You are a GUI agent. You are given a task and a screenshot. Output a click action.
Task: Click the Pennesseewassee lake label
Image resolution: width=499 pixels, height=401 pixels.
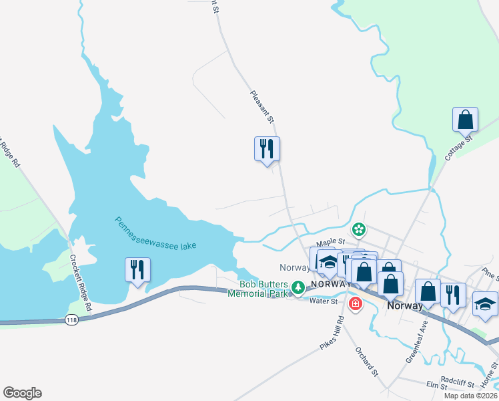click(x=155, y=233)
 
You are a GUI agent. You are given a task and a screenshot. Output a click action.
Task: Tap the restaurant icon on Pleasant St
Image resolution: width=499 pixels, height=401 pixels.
click(x=267, y=148)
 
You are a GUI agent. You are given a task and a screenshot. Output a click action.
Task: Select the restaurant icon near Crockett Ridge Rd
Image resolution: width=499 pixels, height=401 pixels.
click(x=137, y=270)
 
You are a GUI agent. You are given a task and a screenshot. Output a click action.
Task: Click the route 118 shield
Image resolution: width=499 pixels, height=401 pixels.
click(x=72, y=321)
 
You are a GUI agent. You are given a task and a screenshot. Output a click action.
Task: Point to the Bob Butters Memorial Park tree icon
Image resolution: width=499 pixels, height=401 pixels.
click(x=299, y=287)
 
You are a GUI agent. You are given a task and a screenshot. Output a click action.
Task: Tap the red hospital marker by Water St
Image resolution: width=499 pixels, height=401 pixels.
click(x=356, y=304)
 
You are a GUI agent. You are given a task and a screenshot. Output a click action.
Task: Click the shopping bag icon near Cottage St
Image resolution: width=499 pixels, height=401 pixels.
click(x=465, y=120)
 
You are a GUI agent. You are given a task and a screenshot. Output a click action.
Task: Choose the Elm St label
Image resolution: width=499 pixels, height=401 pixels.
click(x=437, y=386)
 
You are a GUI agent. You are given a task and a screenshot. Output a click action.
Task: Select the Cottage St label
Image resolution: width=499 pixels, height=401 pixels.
click(x=458, y=148)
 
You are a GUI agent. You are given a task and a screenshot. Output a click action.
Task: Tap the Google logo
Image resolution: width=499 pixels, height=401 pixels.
click(x=22, y=393)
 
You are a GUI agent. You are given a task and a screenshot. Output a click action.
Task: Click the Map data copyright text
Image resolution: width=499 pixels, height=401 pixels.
click(x=470, y=396)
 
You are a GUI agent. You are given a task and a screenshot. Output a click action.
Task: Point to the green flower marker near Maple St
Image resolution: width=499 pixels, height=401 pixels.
click(x=359, y=230)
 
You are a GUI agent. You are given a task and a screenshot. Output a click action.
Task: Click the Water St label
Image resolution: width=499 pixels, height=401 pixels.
click(x=324, y=300)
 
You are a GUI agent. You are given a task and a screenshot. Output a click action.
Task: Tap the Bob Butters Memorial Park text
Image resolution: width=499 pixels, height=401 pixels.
click(x=260, y=288)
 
